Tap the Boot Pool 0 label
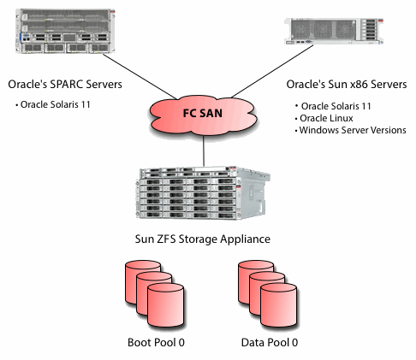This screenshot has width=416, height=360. click(156, 343)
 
